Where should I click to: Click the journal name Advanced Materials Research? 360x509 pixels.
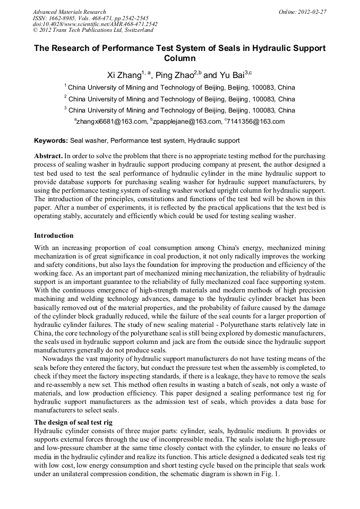click(69, 12)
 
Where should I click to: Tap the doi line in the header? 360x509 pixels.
click(95, 24)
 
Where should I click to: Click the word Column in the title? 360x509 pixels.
click(180, 58)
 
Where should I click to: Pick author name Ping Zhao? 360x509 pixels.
click(172, 75)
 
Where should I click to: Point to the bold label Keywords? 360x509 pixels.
click(51, 141)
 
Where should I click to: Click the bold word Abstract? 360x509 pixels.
click(48, 157)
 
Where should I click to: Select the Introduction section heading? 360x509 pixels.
click(54, 235)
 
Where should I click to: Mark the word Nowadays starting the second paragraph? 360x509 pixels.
click(59, 359)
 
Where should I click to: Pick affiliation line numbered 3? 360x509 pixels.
click(180, 110)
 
